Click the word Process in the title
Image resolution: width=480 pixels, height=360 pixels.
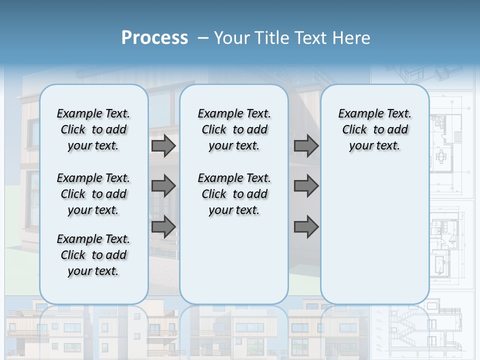154,38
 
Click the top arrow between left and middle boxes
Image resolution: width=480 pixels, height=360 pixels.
163,145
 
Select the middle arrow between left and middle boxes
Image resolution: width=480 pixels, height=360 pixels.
163,186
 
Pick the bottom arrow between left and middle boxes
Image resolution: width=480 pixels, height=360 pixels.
163,227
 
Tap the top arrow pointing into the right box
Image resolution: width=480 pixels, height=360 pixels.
306,145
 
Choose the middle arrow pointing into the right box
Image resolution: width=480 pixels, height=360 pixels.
306,186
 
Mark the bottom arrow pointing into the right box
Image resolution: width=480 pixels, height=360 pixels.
306,227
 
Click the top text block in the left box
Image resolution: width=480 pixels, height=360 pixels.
93,129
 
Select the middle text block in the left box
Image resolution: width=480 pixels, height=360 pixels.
93,194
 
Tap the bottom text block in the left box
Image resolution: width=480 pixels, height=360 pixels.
93,255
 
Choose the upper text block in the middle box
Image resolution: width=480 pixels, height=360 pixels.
234,129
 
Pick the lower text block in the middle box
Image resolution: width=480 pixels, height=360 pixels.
234,194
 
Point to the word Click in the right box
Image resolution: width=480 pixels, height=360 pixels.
354,130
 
